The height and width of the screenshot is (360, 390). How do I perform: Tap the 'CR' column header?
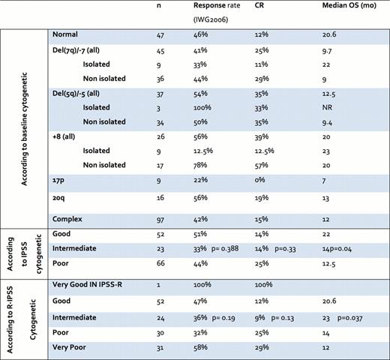tap(260, 9)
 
